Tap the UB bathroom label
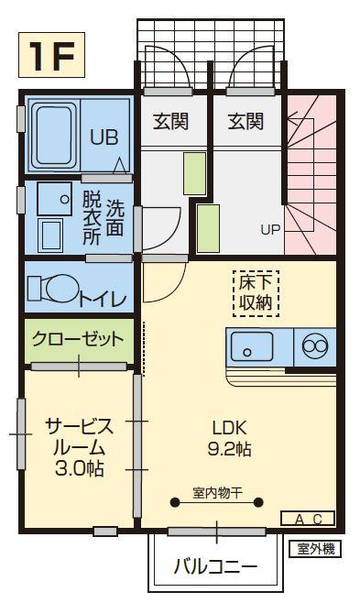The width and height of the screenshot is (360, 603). [x=103, y=137]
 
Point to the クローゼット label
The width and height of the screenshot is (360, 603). [x=78, y=339]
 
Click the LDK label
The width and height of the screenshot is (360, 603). [x=231, y=428]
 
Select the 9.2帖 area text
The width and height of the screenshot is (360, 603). [x=231, y=450]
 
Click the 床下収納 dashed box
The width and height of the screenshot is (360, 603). [x=254, y=291]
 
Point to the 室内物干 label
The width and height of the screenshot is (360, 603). [x=217, y=493]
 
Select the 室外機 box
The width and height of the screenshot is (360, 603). [x=315, y=549]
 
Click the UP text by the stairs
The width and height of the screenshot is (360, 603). [x=270, y=229]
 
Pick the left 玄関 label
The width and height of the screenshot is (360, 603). [x=171, y=120]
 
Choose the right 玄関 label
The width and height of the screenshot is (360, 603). [x=245, y=120]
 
